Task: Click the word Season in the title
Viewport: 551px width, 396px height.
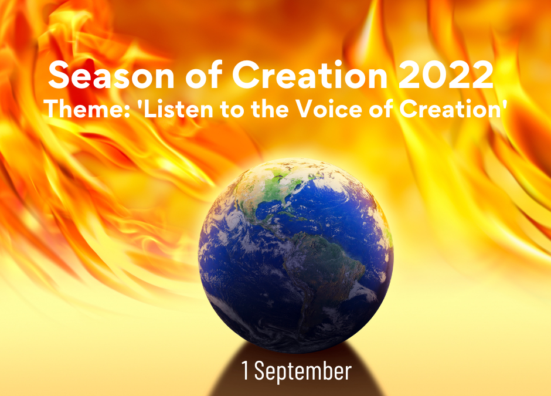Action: (x=111, y=75)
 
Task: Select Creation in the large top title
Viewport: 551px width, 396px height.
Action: (x=309, y=75)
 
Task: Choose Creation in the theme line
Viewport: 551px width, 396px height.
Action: (x=449, y=109)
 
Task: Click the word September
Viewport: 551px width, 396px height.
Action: (x=302, y=371)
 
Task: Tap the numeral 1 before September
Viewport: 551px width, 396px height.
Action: (x=245, y=370)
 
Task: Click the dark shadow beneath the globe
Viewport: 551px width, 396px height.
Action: (x=296, y=373)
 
